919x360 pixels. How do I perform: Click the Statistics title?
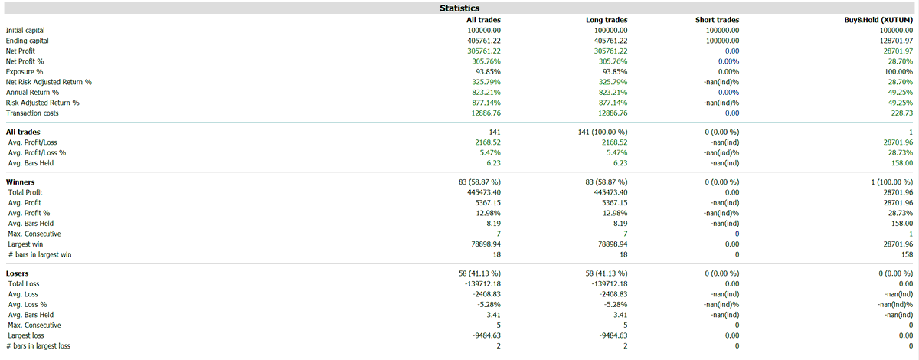click(459, 8)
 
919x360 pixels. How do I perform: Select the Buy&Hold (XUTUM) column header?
click(878, 20)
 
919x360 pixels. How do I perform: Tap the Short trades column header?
click(717, 20)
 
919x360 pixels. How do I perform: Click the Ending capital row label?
click(27, 41)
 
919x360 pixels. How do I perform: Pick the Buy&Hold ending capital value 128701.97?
click(896, 41)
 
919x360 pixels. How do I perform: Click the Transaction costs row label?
click(32, 113)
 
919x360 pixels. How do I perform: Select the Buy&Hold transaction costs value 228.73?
click(902, 113)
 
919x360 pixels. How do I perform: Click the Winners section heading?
click(20, 182)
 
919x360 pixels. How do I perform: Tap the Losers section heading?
click(17, 273)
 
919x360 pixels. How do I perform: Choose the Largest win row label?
click(25, 244)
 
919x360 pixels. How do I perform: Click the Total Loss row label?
click(24, 283)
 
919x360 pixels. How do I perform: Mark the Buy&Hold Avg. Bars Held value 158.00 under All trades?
click(902, 163)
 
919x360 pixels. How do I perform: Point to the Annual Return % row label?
click(32, 93)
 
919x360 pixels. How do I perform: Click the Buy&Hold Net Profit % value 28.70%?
click(901, 61)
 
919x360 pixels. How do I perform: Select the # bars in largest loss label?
click(38, 346)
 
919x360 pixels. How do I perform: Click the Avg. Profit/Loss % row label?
click(37, 152)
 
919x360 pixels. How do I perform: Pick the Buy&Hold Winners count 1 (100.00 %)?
click(892, 182)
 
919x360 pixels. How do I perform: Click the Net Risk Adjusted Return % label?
click(49, 82)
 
